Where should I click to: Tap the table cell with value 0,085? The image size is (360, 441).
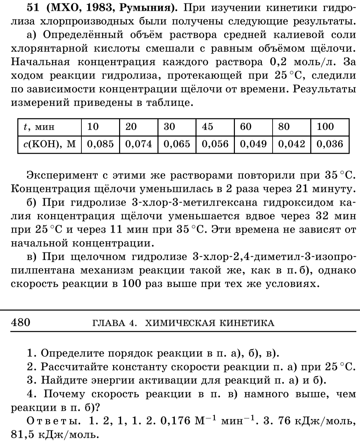100,144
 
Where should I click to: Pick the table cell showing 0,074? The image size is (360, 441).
138,144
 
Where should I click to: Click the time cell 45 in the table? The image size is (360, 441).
208,126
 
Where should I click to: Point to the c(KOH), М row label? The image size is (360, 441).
50,144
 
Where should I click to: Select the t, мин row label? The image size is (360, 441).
39,127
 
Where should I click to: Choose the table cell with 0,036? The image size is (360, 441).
330,144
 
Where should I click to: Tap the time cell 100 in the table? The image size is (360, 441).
325,126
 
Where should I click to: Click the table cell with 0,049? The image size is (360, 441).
253,144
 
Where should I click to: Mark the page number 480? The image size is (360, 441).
21,322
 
